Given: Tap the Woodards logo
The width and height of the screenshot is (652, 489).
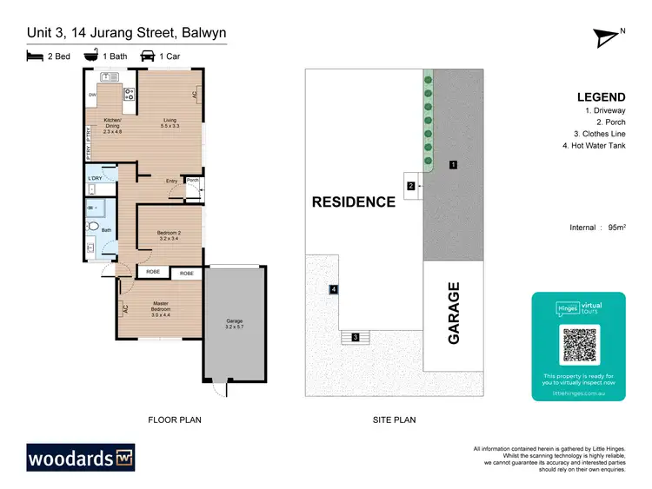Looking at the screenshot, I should (80, 457).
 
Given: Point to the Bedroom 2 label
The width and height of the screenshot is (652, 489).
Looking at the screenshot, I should (168, 235).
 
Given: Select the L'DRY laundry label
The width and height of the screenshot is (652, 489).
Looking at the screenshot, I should (95, 178).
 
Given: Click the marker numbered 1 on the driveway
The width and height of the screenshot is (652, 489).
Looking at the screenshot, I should (453, 164).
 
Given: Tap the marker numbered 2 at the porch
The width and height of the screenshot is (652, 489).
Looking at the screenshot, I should (410, 185).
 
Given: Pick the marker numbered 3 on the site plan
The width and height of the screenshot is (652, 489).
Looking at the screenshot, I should (355, 337).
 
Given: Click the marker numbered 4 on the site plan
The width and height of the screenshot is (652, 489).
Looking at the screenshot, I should (333, 289).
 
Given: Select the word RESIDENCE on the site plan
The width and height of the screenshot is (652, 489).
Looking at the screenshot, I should (354, 202).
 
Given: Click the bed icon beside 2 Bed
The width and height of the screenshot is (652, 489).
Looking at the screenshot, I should (34, 56).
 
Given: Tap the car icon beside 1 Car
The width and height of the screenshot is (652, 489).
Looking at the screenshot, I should (149, 56).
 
